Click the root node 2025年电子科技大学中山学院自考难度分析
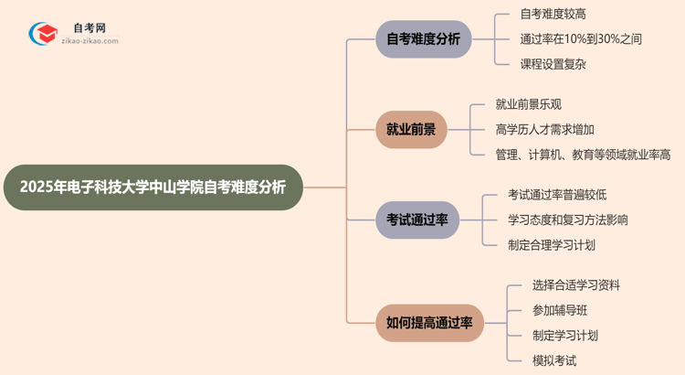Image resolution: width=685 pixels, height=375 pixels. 152,187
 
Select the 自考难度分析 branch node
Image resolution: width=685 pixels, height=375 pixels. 424,39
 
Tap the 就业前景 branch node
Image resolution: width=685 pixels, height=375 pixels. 411,129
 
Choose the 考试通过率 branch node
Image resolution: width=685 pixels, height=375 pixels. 417,220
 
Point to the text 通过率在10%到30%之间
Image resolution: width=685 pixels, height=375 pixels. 581,39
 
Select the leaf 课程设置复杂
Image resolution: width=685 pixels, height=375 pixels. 553,64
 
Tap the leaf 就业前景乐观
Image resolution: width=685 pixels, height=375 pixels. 529,104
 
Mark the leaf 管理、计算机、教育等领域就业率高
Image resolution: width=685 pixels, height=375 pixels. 583,154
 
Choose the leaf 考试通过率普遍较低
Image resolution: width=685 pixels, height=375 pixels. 557,194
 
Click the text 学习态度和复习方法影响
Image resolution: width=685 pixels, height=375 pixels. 568,220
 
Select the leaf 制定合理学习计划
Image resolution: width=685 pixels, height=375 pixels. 552,244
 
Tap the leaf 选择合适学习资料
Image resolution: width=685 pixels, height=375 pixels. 576,285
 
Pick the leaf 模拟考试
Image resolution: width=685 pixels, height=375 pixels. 554,360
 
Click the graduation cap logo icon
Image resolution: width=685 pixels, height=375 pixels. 43,35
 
